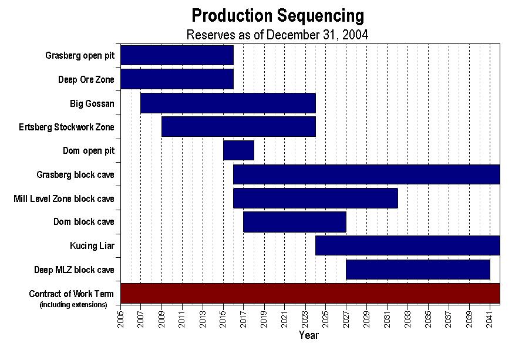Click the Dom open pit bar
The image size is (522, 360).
(x=238, y=150)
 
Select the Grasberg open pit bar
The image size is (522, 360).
(x=177, y=55)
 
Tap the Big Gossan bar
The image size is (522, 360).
(x=228, y=103)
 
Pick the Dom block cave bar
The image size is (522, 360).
(x=295, y=222)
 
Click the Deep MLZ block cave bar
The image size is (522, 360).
(x=418, y=270)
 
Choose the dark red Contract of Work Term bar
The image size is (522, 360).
(x=310, y=294)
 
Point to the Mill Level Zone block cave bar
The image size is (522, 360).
(x=315, y=198)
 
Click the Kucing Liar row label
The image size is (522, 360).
(x=92, y=245)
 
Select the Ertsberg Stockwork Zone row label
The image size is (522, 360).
(x=66, y=127)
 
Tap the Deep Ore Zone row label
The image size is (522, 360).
(x=86, y=79)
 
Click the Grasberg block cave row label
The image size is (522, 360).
(x=76, y=174)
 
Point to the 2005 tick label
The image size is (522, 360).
(x=120, y=319)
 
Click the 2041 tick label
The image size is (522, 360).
(x=489, y=319)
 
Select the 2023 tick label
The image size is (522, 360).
(x=305, y=319)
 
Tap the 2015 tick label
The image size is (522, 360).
(x=223, y=319)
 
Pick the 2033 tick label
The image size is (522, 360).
(x=408, y=319)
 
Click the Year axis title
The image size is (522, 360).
(x=309, y=335)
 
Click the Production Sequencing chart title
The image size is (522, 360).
(x=278, y=16)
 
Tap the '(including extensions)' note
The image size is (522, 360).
(x=73, y=304)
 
